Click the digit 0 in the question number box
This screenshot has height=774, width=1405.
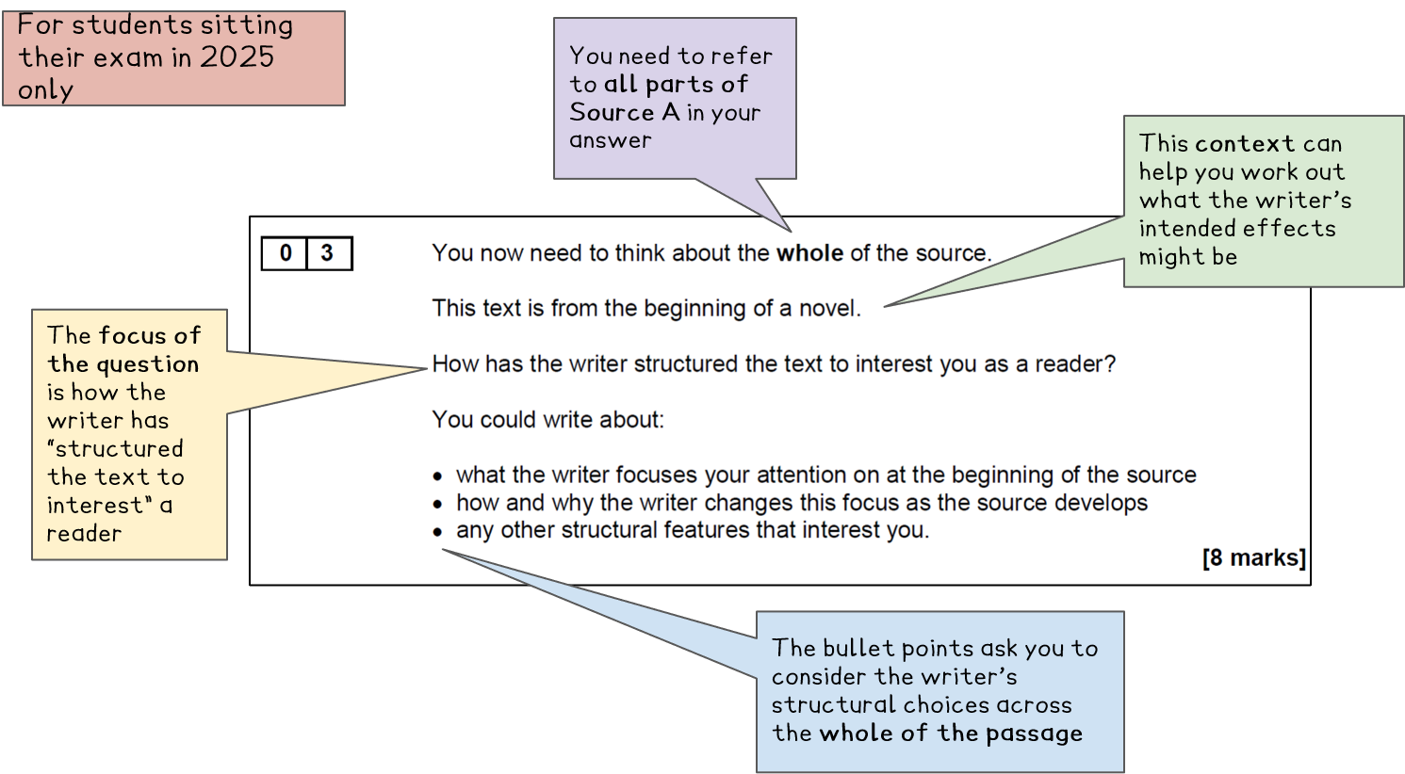pos(286,253)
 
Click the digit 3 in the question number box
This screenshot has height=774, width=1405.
pos(327,253)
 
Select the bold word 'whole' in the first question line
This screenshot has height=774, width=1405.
pos(809,253)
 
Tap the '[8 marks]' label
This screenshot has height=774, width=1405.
pos(1253,558)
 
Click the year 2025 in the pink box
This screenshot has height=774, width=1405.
pos(237,57)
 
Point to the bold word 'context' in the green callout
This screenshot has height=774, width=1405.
pos(1244,144)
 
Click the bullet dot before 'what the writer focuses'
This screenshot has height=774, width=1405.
pos(437,477)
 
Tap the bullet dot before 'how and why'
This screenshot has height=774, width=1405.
pos(437,505)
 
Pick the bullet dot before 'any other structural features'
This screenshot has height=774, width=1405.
pos(437,532)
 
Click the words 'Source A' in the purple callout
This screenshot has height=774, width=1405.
pos(624,113)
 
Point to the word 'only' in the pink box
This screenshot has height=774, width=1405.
pos(45,90)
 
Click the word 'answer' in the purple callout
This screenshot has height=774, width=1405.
pos(610,141)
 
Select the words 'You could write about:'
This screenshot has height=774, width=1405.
pos(547,420)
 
